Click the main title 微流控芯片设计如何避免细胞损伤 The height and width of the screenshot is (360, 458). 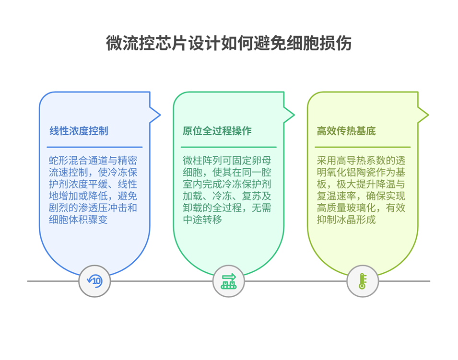(229, 43)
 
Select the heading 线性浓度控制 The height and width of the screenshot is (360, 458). (79, 131)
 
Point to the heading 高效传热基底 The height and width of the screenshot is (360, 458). (346, 131)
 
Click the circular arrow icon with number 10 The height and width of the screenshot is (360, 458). (94, 281)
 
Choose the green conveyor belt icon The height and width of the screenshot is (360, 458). (229, 281)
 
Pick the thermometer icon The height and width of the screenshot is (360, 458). (363, 281)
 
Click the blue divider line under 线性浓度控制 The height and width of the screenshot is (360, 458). (94, 147)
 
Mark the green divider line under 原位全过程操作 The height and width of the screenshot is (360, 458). (229, 147)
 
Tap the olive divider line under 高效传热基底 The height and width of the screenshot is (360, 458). (363, 147)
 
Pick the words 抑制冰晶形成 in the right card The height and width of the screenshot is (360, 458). (346, 221)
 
